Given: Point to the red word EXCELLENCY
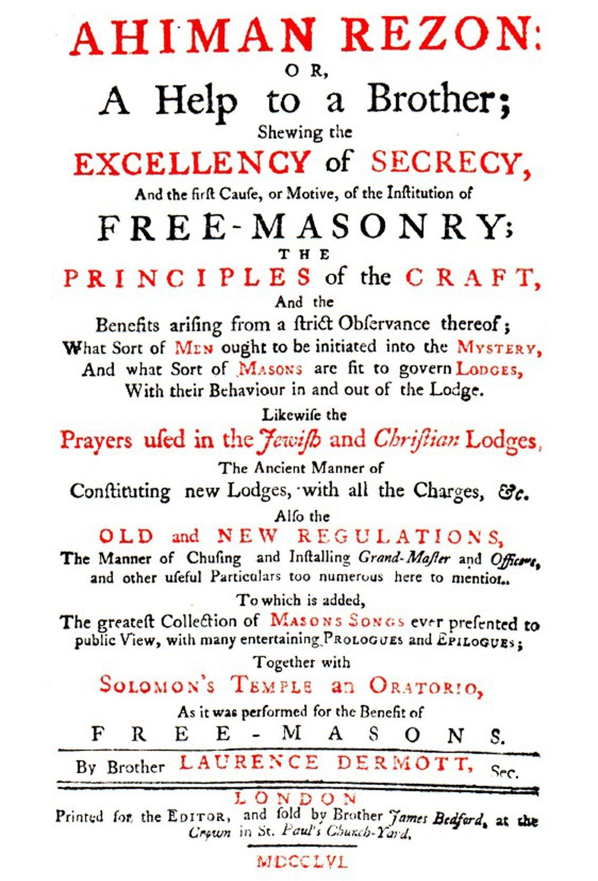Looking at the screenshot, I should [x=191, y=162].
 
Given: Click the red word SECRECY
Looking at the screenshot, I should [x=451, y=162].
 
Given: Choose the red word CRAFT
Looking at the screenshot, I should [x=472, y=277].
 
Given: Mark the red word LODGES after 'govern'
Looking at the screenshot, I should [x=489, y=370].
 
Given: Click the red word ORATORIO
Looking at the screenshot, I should [x=425, y=686].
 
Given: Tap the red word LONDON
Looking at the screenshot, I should [x=297, y=798].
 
